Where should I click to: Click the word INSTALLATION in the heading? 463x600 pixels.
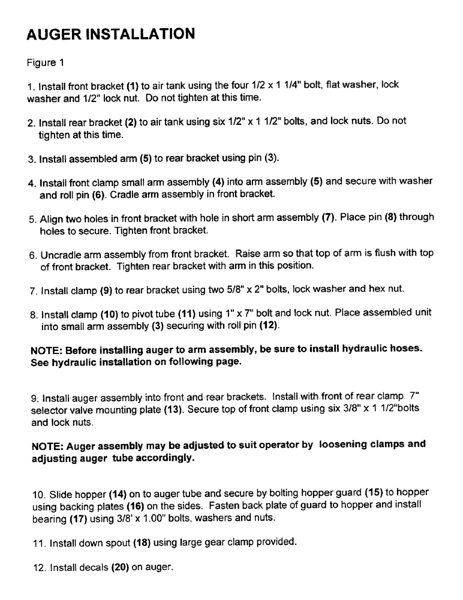click(135, 34)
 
